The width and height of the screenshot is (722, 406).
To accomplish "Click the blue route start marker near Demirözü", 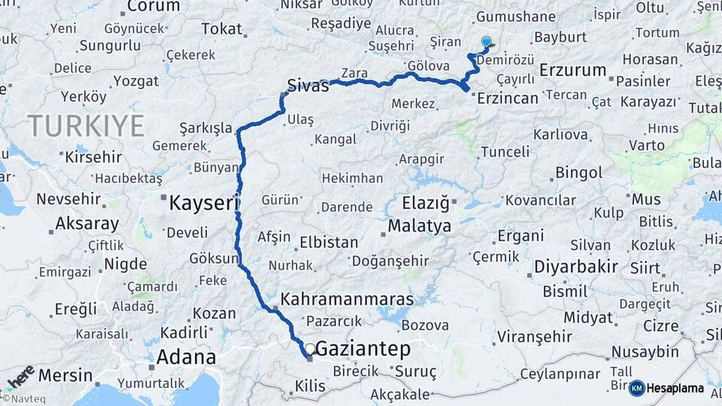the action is click(486, 42).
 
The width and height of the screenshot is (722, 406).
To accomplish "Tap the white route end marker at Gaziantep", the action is click(309, 349).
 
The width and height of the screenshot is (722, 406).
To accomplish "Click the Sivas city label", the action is click(308, 86).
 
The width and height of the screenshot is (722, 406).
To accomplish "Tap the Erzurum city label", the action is click(572, 71).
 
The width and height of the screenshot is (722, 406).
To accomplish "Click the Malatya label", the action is click(419, 226).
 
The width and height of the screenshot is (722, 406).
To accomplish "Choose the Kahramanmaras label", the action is click(347, 299).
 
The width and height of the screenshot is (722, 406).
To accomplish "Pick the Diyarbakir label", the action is click(576, 266).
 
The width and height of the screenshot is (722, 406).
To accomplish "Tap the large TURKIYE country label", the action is click(86, 126).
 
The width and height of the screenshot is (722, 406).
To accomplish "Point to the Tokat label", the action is click(222, 29).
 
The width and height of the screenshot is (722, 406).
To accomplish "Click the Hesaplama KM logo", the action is click(666, 388).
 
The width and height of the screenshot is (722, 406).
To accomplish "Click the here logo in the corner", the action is click(20, 377).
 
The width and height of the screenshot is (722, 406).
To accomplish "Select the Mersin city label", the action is click(65, 374).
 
